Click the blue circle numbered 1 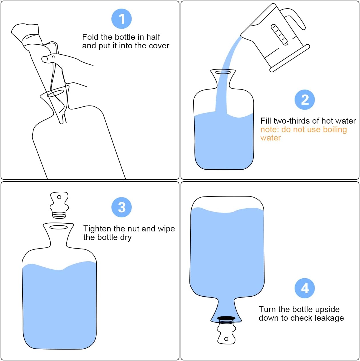[121, 19]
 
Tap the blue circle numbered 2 [305, 100]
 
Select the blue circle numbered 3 [121, 207]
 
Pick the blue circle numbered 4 [305, 288]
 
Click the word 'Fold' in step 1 [90, 37]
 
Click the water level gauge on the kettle [279, 35]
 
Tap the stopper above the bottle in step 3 [59, 205]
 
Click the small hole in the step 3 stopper [59, 197]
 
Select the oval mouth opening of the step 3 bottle [59, 227]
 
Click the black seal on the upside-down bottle [226, 318]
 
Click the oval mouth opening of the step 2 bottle [223, 72]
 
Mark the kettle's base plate [290, 58]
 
